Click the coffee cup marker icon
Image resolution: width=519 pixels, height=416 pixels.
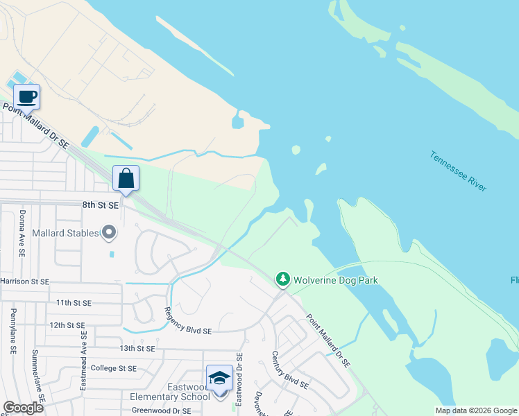(x=26, y=97)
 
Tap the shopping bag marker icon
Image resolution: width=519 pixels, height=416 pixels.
(x=126, y=178)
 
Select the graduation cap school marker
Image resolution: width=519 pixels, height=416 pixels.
(x=219, y=378)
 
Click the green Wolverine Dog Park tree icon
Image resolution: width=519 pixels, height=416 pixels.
(x=282, y=279)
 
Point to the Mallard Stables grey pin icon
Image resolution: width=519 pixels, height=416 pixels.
(x=109, y=233)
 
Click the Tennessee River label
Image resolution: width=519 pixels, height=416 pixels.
(x=458, y=171)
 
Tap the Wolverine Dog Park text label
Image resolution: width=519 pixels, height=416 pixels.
(x=335, y=280)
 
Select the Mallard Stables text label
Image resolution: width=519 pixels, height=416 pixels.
(x=67, y=233)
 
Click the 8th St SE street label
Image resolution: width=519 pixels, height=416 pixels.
(x=100, y=205)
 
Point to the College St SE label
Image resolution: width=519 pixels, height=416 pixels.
(x=114, y=368)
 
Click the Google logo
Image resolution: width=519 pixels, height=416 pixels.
(x=23, y=408)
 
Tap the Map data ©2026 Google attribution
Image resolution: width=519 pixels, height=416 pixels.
(x=475, y=410)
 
